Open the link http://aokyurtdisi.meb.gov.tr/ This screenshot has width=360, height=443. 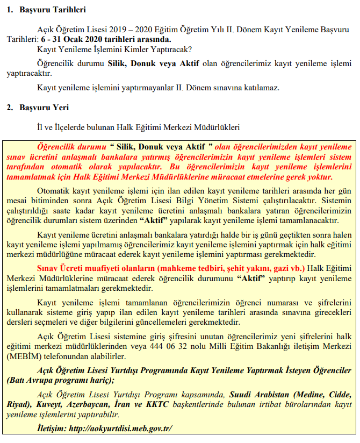pyautogui.click(x=119, y=428)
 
